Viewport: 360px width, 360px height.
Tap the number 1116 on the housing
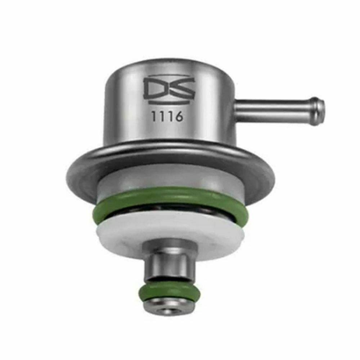[167, 116]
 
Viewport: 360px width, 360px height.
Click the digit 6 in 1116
[179, 116]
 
